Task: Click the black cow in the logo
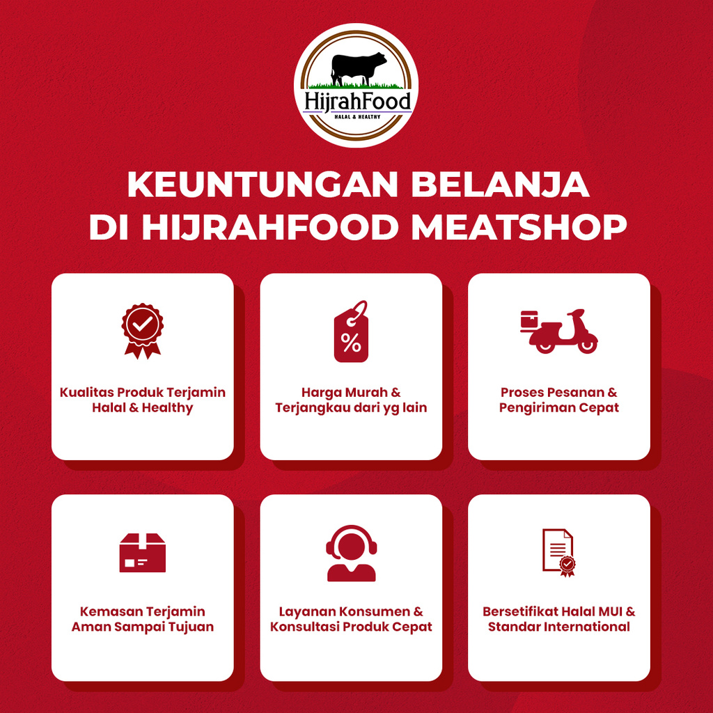click(358, 68)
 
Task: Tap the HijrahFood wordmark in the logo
click(356, 100)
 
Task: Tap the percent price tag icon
click(351, 332)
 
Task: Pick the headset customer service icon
click(351, 553)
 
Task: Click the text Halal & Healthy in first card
click(143, 408)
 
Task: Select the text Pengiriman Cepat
click(559, 408)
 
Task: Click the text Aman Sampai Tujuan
click(143, 627)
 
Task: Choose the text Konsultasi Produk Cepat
click(351, 627)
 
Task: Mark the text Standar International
click(559, 627)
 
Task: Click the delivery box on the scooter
click(529, 320)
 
